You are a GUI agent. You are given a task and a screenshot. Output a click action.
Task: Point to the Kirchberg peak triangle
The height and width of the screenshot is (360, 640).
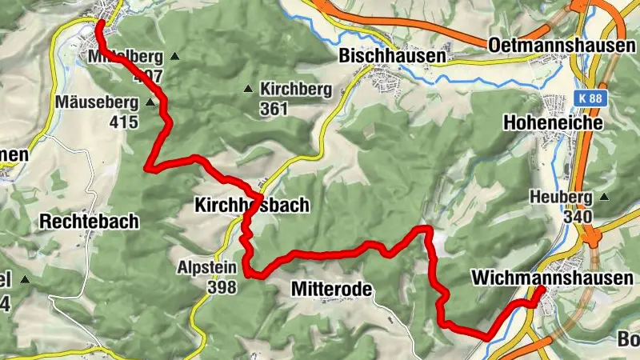click(x=250, y=89)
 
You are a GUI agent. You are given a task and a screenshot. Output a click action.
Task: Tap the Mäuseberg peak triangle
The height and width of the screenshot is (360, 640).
click(x=150, y=102)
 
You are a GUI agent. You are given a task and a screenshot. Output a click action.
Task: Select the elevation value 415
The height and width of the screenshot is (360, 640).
click(x=125, y=122)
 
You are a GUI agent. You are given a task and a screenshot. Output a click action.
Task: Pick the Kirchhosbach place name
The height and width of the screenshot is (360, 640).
click(x=251, y=206)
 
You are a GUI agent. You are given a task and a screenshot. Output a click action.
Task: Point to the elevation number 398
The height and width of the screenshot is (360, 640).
click(x=222, y=287)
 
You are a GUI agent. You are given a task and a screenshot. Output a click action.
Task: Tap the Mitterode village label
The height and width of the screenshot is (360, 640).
click(x=332, y=290)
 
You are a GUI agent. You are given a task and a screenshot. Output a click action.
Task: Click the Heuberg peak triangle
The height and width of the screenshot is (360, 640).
click(x=604, y=197)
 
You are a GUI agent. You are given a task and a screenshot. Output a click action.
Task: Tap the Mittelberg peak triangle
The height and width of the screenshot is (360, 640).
click(x=174, y=57)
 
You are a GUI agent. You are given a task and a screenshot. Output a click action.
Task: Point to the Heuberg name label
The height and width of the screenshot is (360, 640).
click(x=560, y=197)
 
